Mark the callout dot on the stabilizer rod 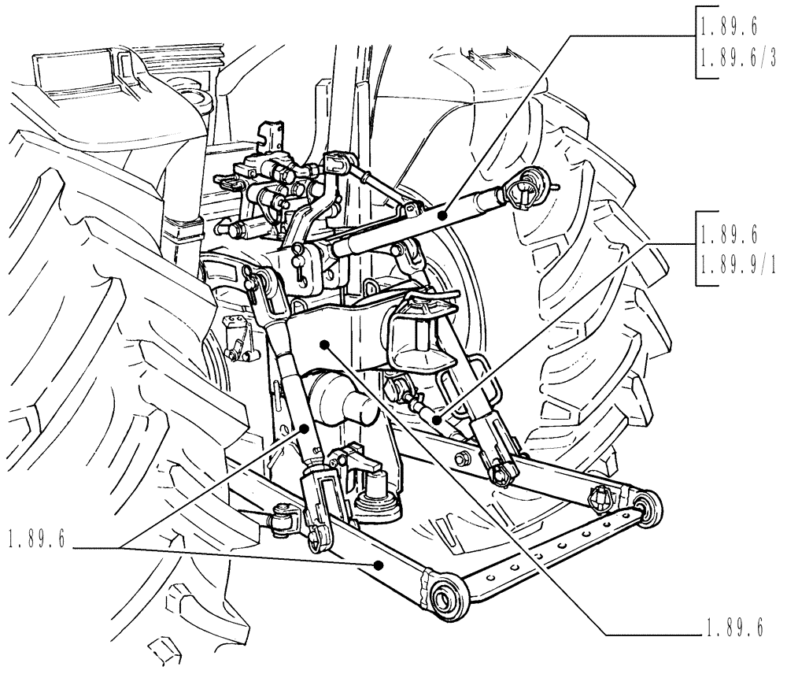[x=435, y=420]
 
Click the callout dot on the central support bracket [x=324, y=344]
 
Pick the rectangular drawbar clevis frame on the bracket [x=425, y=331]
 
